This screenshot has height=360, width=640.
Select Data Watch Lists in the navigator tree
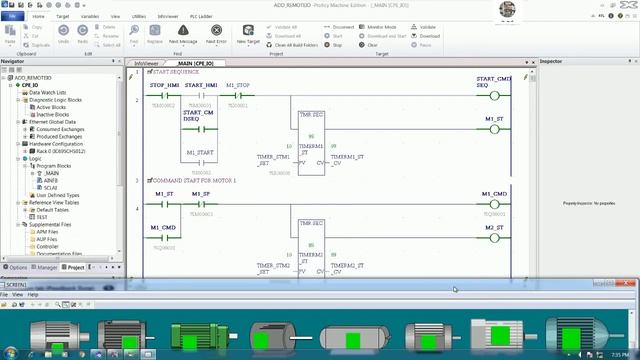(49, 93)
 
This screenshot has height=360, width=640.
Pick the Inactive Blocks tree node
(51, 113)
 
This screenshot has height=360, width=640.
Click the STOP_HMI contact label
(164, 86)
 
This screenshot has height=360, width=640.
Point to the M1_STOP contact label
(239, 86)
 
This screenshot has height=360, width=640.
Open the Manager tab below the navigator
(47, 267)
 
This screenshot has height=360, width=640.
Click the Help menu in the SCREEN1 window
(33, 295)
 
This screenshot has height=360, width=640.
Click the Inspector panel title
(552, 62)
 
